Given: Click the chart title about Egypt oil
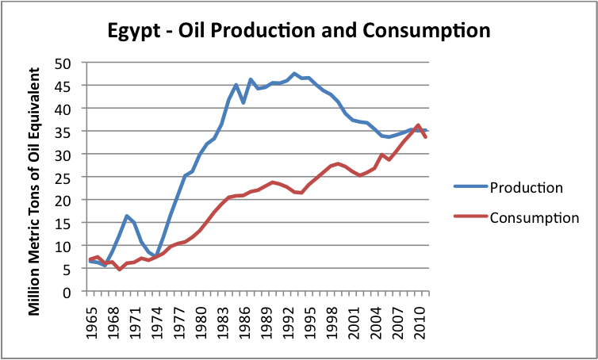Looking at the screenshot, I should point(299,31).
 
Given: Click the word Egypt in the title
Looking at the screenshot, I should point(133,31).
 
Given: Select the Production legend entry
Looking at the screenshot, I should point(527,188).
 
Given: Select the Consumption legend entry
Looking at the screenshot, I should point(535,217).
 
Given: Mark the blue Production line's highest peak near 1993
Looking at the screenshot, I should point(294,74).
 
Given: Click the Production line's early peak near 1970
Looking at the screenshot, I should point(127,216).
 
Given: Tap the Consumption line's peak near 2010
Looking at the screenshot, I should point(418,125).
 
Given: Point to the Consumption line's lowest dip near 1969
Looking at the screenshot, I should point(119,270).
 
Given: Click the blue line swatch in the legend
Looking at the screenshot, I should point(471,188).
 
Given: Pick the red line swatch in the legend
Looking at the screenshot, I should point(471,217).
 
